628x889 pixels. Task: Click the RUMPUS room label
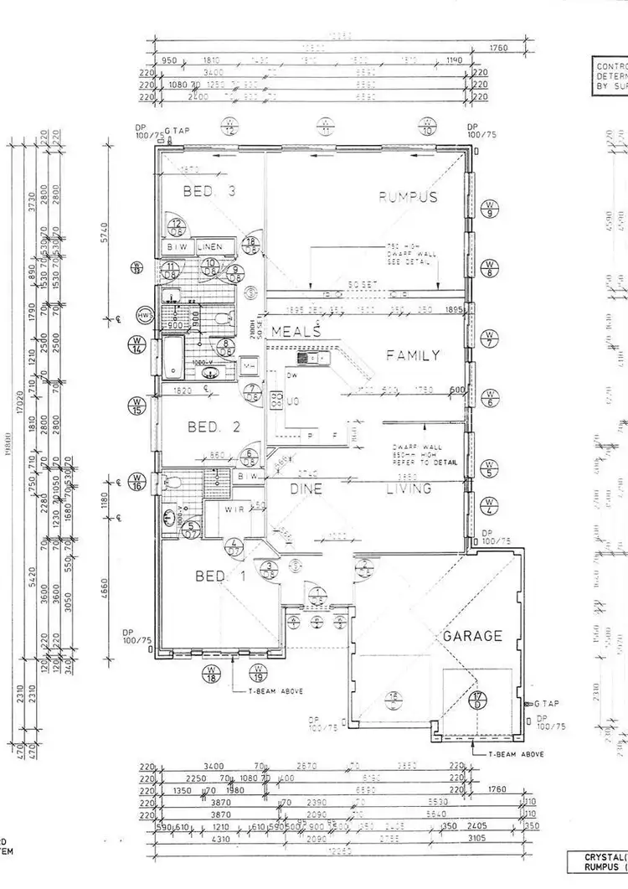point(409,198)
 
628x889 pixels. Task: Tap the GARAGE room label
point(473,636)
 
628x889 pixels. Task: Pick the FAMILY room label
point(412,355)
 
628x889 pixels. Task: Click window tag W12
point(228,127)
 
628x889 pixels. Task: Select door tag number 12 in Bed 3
point(178,225)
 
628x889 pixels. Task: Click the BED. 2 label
point(214,427)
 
